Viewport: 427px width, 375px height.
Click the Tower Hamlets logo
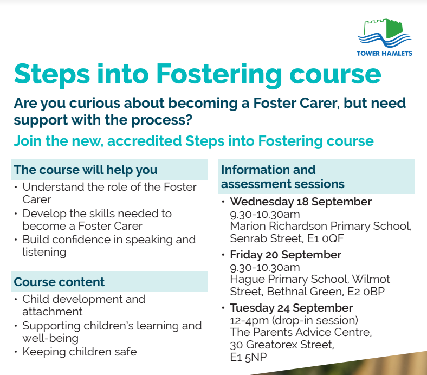tap(384, 37)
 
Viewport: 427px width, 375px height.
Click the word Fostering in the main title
tap(219, 75)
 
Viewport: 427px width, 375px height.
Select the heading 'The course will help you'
tap(86, 170)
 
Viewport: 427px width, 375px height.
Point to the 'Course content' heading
tap(59, 282)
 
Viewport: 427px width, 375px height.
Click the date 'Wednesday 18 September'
tap(301, 202)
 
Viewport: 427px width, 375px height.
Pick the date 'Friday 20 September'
tap(286, 255)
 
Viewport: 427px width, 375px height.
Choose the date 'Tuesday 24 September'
tap(291, 308)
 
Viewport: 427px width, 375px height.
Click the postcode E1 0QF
tap(326, 238)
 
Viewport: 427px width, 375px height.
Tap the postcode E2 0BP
tap(366, 292)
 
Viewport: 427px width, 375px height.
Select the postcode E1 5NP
tap(248, 357)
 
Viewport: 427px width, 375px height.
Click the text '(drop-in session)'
tap(315, 320)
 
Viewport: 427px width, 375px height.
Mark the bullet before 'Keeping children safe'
tap(16, 352)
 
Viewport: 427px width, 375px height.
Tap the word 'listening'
tap(44, 252)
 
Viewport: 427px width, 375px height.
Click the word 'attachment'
tap(52, 312)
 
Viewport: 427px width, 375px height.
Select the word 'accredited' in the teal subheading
tap(144, 141)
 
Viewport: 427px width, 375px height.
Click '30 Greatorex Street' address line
tap(282, 345)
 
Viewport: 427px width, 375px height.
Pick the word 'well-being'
tap(50, 338)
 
